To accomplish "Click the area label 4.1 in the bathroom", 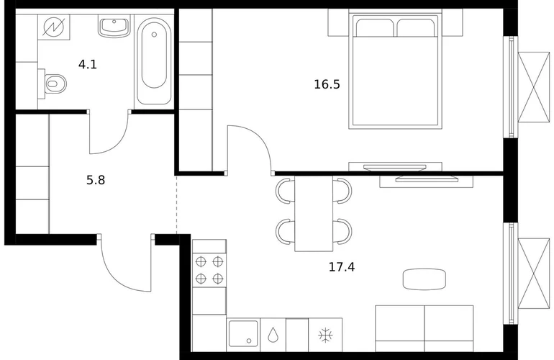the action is pos(88,65).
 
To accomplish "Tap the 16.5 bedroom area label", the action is pos(327,84).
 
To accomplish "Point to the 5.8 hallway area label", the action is pos(96,180).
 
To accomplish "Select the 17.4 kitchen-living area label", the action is pos(342,267).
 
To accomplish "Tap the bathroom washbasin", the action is pos(114,26).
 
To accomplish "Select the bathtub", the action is pos(154,60).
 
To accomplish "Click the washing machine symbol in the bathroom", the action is pos(54,27).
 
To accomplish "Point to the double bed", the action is pos(396,71).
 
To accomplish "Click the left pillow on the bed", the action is pos(375,27).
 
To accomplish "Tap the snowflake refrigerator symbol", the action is pos(325,336).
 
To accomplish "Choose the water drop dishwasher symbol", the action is pos(273,335).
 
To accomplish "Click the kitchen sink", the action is pos(243,333).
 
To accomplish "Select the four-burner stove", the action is pos(209,270).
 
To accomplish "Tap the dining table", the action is pos(314,214).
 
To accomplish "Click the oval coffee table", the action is pos(424,279).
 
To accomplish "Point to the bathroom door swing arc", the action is pos(119,143).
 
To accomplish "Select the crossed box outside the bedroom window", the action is pos(534,87).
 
